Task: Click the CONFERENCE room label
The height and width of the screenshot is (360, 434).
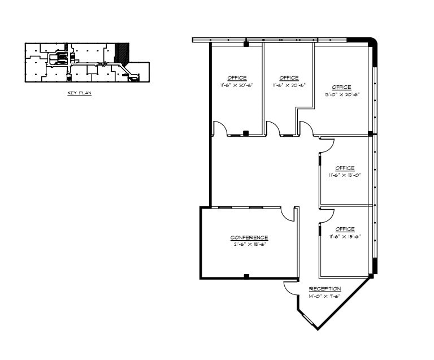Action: (x=249, y=237)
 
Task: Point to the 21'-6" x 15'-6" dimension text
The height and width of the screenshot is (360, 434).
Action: (x=249, y=245)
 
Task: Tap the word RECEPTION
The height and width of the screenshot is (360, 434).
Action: (x=325, y=289)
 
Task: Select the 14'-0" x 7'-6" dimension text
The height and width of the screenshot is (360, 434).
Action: (x=325, y=296)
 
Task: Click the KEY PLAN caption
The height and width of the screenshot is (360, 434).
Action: (x=79, y=93)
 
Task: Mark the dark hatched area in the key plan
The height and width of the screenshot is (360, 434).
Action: (x=120, y=53)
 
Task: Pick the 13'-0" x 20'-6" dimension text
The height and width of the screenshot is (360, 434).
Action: (x=341, y=95)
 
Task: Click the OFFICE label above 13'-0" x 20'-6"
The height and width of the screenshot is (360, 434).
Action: (x=341, y=87)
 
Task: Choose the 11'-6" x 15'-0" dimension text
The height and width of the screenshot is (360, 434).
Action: (x=345, y=175)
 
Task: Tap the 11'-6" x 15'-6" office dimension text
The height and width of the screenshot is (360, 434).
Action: (x=345, y=236)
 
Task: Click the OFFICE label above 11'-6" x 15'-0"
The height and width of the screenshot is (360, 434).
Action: (x=345, y=168)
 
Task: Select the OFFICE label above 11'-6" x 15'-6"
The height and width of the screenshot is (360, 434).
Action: (x=345, y=229)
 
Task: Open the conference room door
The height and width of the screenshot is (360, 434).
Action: (x=288, y=214)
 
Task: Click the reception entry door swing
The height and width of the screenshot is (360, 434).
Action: (x=290, y=288)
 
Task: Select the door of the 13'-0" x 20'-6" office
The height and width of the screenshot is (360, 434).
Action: (x=306, y=129)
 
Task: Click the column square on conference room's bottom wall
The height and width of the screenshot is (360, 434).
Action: (x=246, y=276)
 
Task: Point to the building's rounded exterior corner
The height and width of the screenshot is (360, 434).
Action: (x=370, y=42)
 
